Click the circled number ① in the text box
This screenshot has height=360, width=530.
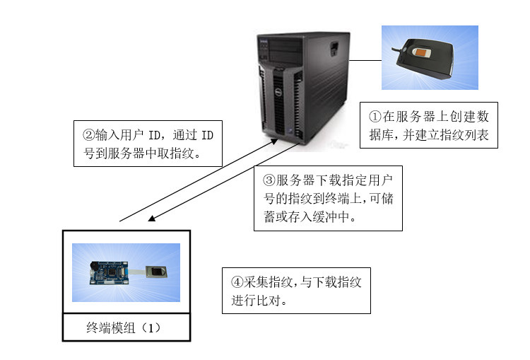tap(375, 117)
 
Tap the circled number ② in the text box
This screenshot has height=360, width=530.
tap(89, 135)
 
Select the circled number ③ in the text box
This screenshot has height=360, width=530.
tap(269, 180)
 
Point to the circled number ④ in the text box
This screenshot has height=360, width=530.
tap(237, 281)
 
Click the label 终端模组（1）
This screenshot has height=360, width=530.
tap(124, 327)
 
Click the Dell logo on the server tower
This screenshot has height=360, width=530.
tap(278, 92)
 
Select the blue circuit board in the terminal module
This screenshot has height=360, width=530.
tap(109, 273)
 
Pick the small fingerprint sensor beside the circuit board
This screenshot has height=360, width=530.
tap(156, 272)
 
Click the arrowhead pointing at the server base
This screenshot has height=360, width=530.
tap(274, 141)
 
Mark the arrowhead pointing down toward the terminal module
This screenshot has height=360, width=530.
tap(152, 219)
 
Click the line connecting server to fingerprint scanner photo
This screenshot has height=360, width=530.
tap(365, 61)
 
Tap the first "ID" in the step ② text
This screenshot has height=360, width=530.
tap(155, 135)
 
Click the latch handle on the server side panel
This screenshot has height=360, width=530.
tap(334, 48)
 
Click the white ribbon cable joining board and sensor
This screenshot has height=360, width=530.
tap(137, 272)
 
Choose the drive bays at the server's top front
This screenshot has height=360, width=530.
tap(285, 51)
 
